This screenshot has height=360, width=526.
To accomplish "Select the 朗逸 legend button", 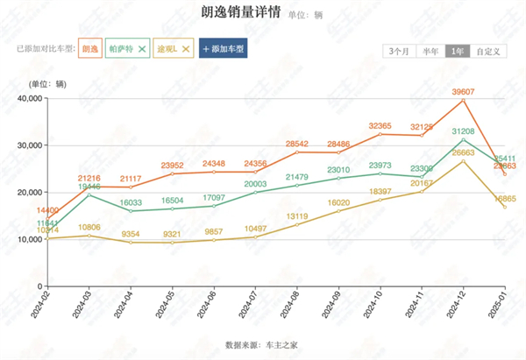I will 89,50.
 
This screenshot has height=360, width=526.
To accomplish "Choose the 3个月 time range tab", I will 399,51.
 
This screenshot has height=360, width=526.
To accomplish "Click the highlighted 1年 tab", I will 457,51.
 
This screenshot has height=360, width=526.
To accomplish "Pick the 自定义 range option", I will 488,51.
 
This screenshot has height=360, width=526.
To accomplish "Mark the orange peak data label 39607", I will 463,91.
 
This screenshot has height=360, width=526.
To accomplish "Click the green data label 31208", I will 463,131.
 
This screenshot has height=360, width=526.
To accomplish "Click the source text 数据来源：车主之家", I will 261,345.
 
